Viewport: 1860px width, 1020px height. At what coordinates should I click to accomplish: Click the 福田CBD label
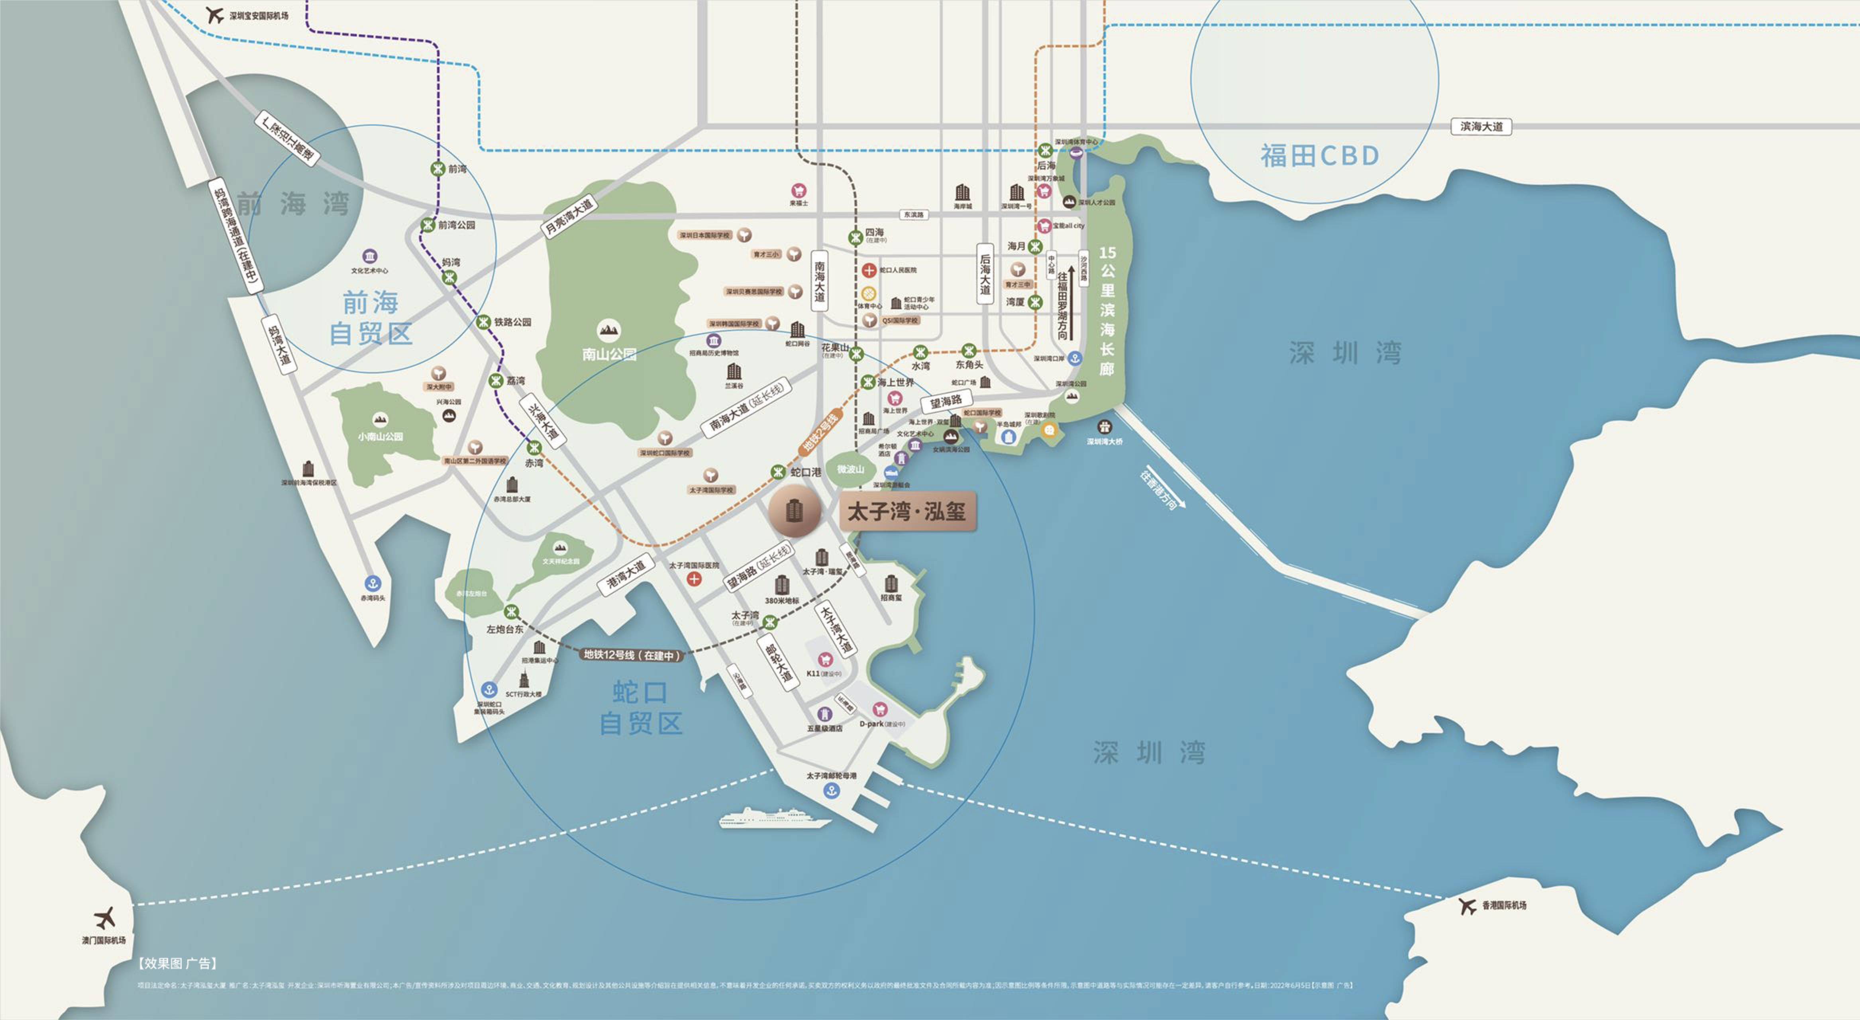[1320, 155]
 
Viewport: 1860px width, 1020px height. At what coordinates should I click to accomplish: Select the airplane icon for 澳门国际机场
[105, 918]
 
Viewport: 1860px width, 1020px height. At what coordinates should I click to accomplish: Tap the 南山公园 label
[609, 354]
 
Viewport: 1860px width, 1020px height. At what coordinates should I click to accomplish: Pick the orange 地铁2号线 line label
[821, 433]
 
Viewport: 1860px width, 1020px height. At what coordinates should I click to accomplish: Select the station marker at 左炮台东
[511, 612]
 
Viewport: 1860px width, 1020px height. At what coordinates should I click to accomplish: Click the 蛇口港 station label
[806, 472]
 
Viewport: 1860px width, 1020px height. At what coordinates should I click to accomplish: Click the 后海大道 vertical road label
[985, 274]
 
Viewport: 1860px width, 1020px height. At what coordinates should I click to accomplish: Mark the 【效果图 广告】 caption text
[177, 963]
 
